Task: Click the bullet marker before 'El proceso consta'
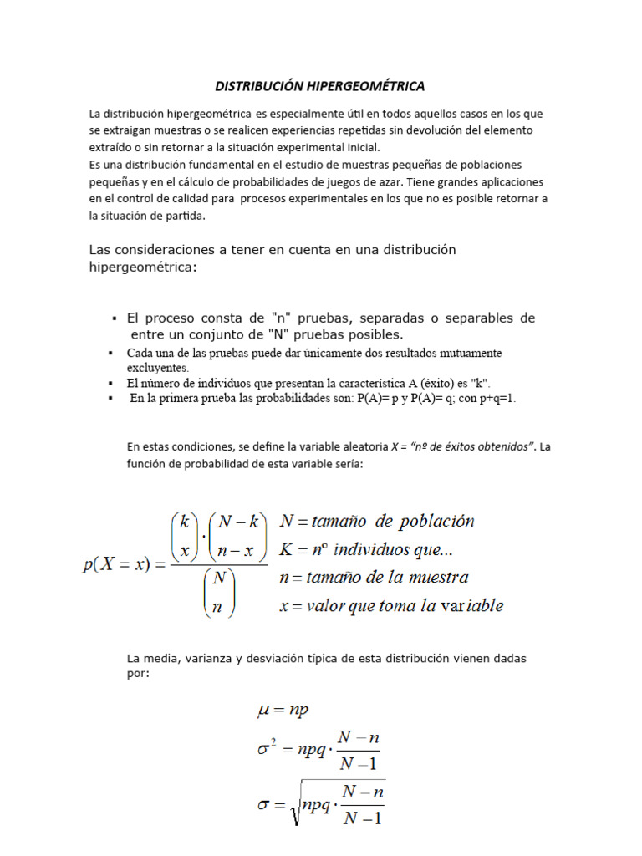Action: [x=113, y=319]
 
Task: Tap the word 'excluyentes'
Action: [x=158, y=367]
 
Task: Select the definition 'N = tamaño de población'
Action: [x=377, y=522]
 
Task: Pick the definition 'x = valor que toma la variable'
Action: [x=390, y=606]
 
